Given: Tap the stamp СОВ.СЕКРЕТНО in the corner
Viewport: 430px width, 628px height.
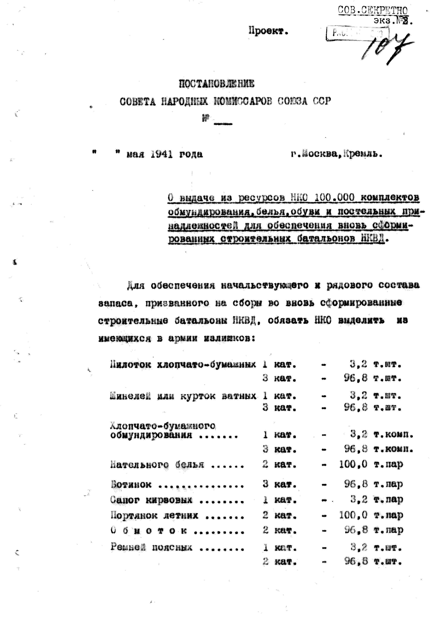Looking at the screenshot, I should coord(372,10).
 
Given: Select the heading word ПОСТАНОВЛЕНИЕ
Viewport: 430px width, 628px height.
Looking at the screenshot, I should coord(217,84).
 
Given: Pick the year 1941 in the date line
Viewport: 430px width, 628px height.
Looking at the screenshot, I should coord(162,154).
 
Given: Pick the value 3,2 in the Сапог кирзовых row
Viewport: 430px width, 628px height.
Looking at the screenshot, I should coord(359,500).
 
